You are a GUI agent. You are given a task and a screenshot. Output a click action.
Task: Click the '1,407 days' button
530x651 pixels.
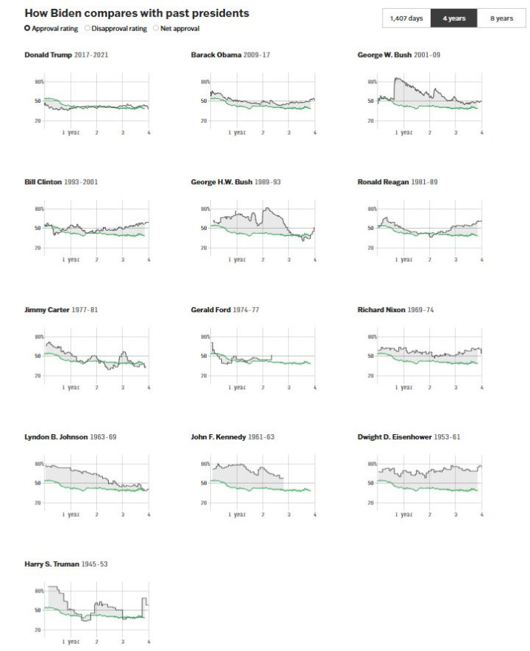click(x=406, y=18)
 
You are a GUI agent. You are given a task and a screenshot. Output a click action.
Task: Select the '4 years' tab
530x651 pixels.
click(x=454, y=18)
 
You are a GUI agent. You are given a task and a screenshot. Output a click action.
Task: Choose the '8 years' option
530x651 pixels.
click(x=501, y=18)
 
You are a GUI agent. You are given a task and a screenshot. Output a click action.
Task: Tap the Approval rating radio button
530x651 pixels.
click(x=27, y=28)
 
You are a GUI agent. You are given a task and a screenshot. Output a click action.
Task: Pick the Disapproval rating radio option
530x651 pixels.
click(x=87, y=28)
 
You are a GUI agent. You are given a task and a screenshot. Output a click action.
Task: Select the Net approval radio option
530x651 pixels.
click(x=155, y=28)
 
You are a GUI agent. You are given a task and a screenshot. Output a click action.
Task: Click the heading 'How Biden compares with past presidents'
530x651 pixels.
click(x=136, y=13)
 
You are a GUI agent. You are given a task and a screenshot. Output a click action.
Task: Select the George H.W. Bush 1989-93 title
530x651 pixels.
click(x=241, y=182)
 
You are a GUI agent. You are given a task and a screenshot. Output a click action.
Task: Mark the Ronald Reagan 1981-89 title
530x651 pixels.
click(x=397, y=182)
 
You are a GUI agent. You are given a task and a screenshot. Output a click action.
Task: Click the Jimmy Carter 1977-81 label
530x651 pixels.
click(x=61, y=309)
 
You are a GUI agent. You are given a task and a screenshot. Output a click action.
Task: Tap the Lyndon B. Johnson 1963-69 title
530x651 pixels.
click(x=70, y=436)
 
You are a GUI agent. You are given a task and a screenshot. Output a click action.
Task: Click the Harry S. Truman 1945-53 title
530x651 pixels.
click(x=67, y=564)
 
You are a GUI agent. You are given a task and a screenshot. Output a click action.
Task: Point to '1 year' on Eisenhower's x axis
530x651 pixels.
click(x=403, y=515)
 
